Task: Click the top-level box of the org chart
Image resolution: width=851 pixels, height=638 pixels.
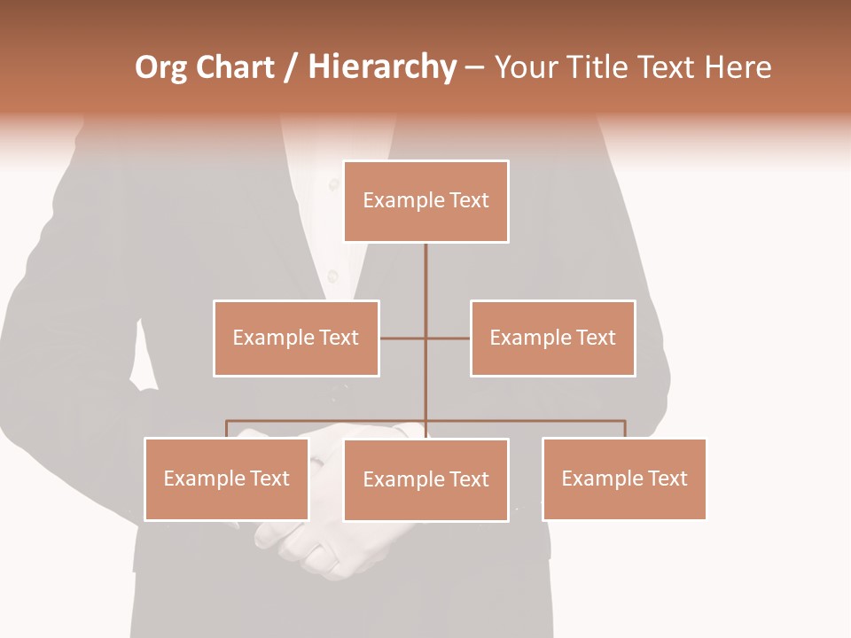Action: point(425,201)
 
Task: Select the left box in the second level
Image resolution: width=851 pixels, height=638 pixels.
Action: point(296,338)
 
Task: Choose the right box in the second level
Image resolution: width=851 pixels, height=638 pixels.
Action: point(552,338)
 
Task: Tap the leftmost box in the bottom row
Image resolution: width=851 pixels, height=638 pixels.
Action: point(226,478)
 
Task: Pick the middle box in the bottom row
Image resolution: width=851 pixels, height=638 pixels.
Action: point(425,479)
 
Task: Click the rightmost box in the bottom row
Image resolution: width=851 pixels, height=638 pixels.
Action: point(624,478)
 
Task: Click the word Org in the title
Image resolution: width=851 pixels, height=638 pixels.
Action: point(160,68)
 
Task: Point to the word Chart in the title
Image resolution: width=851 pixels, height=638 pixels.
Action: point(235,68)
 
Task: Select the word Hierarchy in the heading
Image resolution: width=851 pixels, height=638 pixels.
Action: point(381,68)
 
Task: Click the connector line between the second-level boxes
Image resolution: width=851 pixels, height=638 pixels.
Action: point(425,338)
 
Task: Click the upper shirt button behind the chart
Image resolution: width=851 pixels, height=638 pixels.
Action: point(334,184)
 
